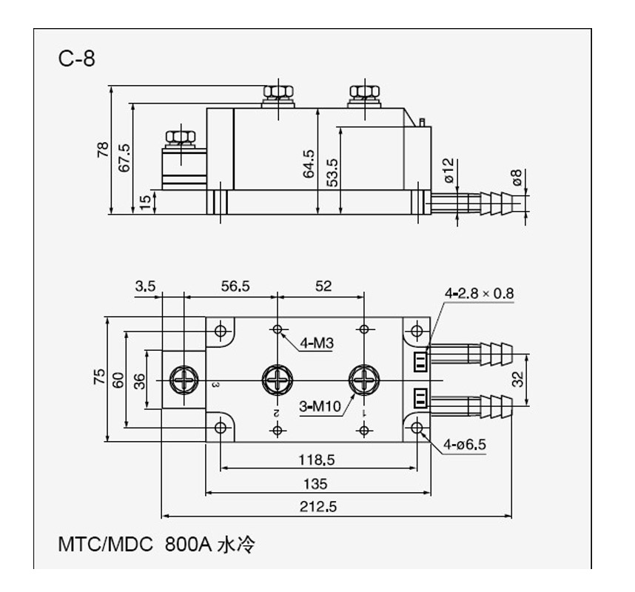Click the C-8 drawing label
[x=77, y=58]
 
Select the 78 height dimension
[x=103, y=150]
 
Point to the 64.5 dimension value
[x=309, y=164]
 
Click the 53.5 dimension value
[x=332, y=172]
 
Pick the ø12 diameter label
[x=448, y=170]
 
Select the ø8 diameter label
[x=517, y=178]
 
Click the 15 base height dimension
[x=146, y=201]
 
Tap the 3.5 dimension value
[x=145, y=286]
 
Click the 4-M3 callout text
[x=316, y=343]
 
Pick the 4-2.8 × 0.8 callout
[x=478, y=293]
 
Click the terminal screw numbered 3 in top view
[x=182, y=380]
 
